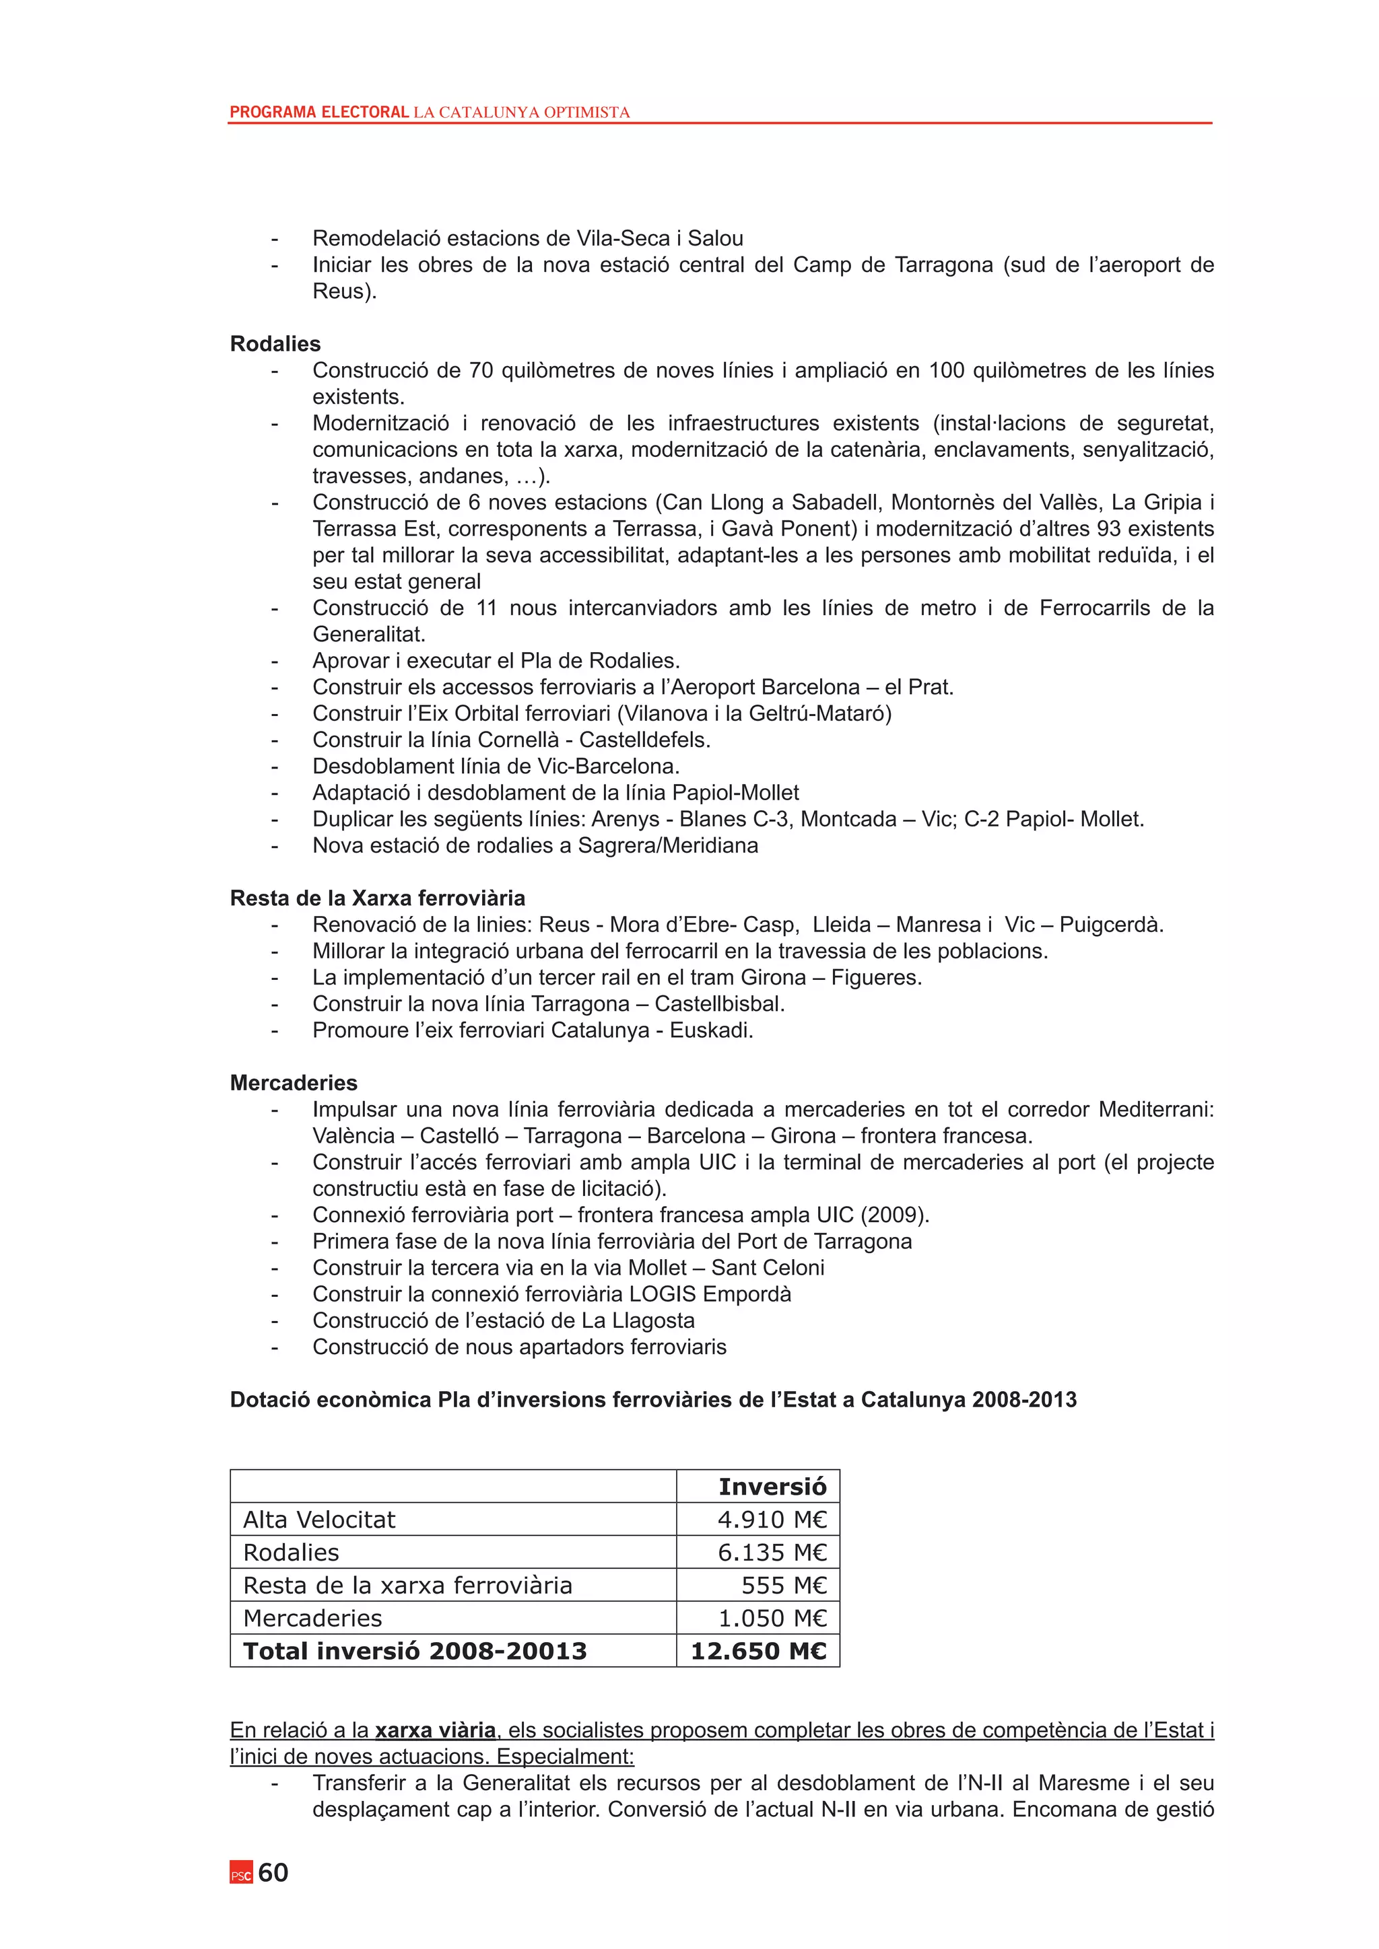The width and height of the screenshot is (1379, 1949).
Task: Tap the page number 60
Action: pos(273,1872)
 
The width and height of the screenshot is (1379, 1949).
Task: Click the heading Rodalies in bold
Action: pos(275,344)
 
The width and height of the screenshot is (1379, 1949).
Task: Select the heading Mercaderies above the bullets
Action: pos(294,1083)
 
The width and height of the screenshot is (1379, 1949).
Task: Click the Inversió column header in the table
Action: pos(772,1487)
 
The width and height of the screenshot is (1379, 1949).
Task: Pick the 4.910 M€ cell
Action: pos(772,1520)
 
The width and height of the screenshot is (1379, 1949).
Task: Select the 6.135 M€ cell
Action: pos(772,1553)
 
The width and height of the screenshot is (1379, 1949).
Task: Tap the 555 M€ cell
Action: pos(783,1586)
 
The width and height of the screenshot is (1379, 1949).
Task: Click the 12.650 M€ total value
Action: pos(758,1651)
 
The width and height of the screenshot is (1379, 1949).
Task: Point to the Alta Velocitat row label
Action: pos(319,1520)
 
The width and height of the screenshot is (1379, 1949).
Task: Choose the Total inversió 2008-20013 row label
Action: pos(415,1651)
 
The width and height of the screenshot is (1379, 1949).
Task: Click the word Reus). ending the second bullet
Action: pos(344,291)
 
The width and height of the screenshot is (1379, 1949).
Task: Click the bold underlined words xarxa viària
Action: pos(436,1730)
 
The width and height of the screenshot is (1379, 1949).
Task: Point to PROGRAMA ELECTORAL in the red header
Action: pos(319,112)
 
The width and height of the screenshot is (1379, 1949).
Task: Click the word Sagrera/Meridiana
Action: pos(667,845)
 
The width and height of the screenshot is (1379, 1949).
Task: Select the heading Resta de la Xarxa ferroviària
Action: pos(378,898)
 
